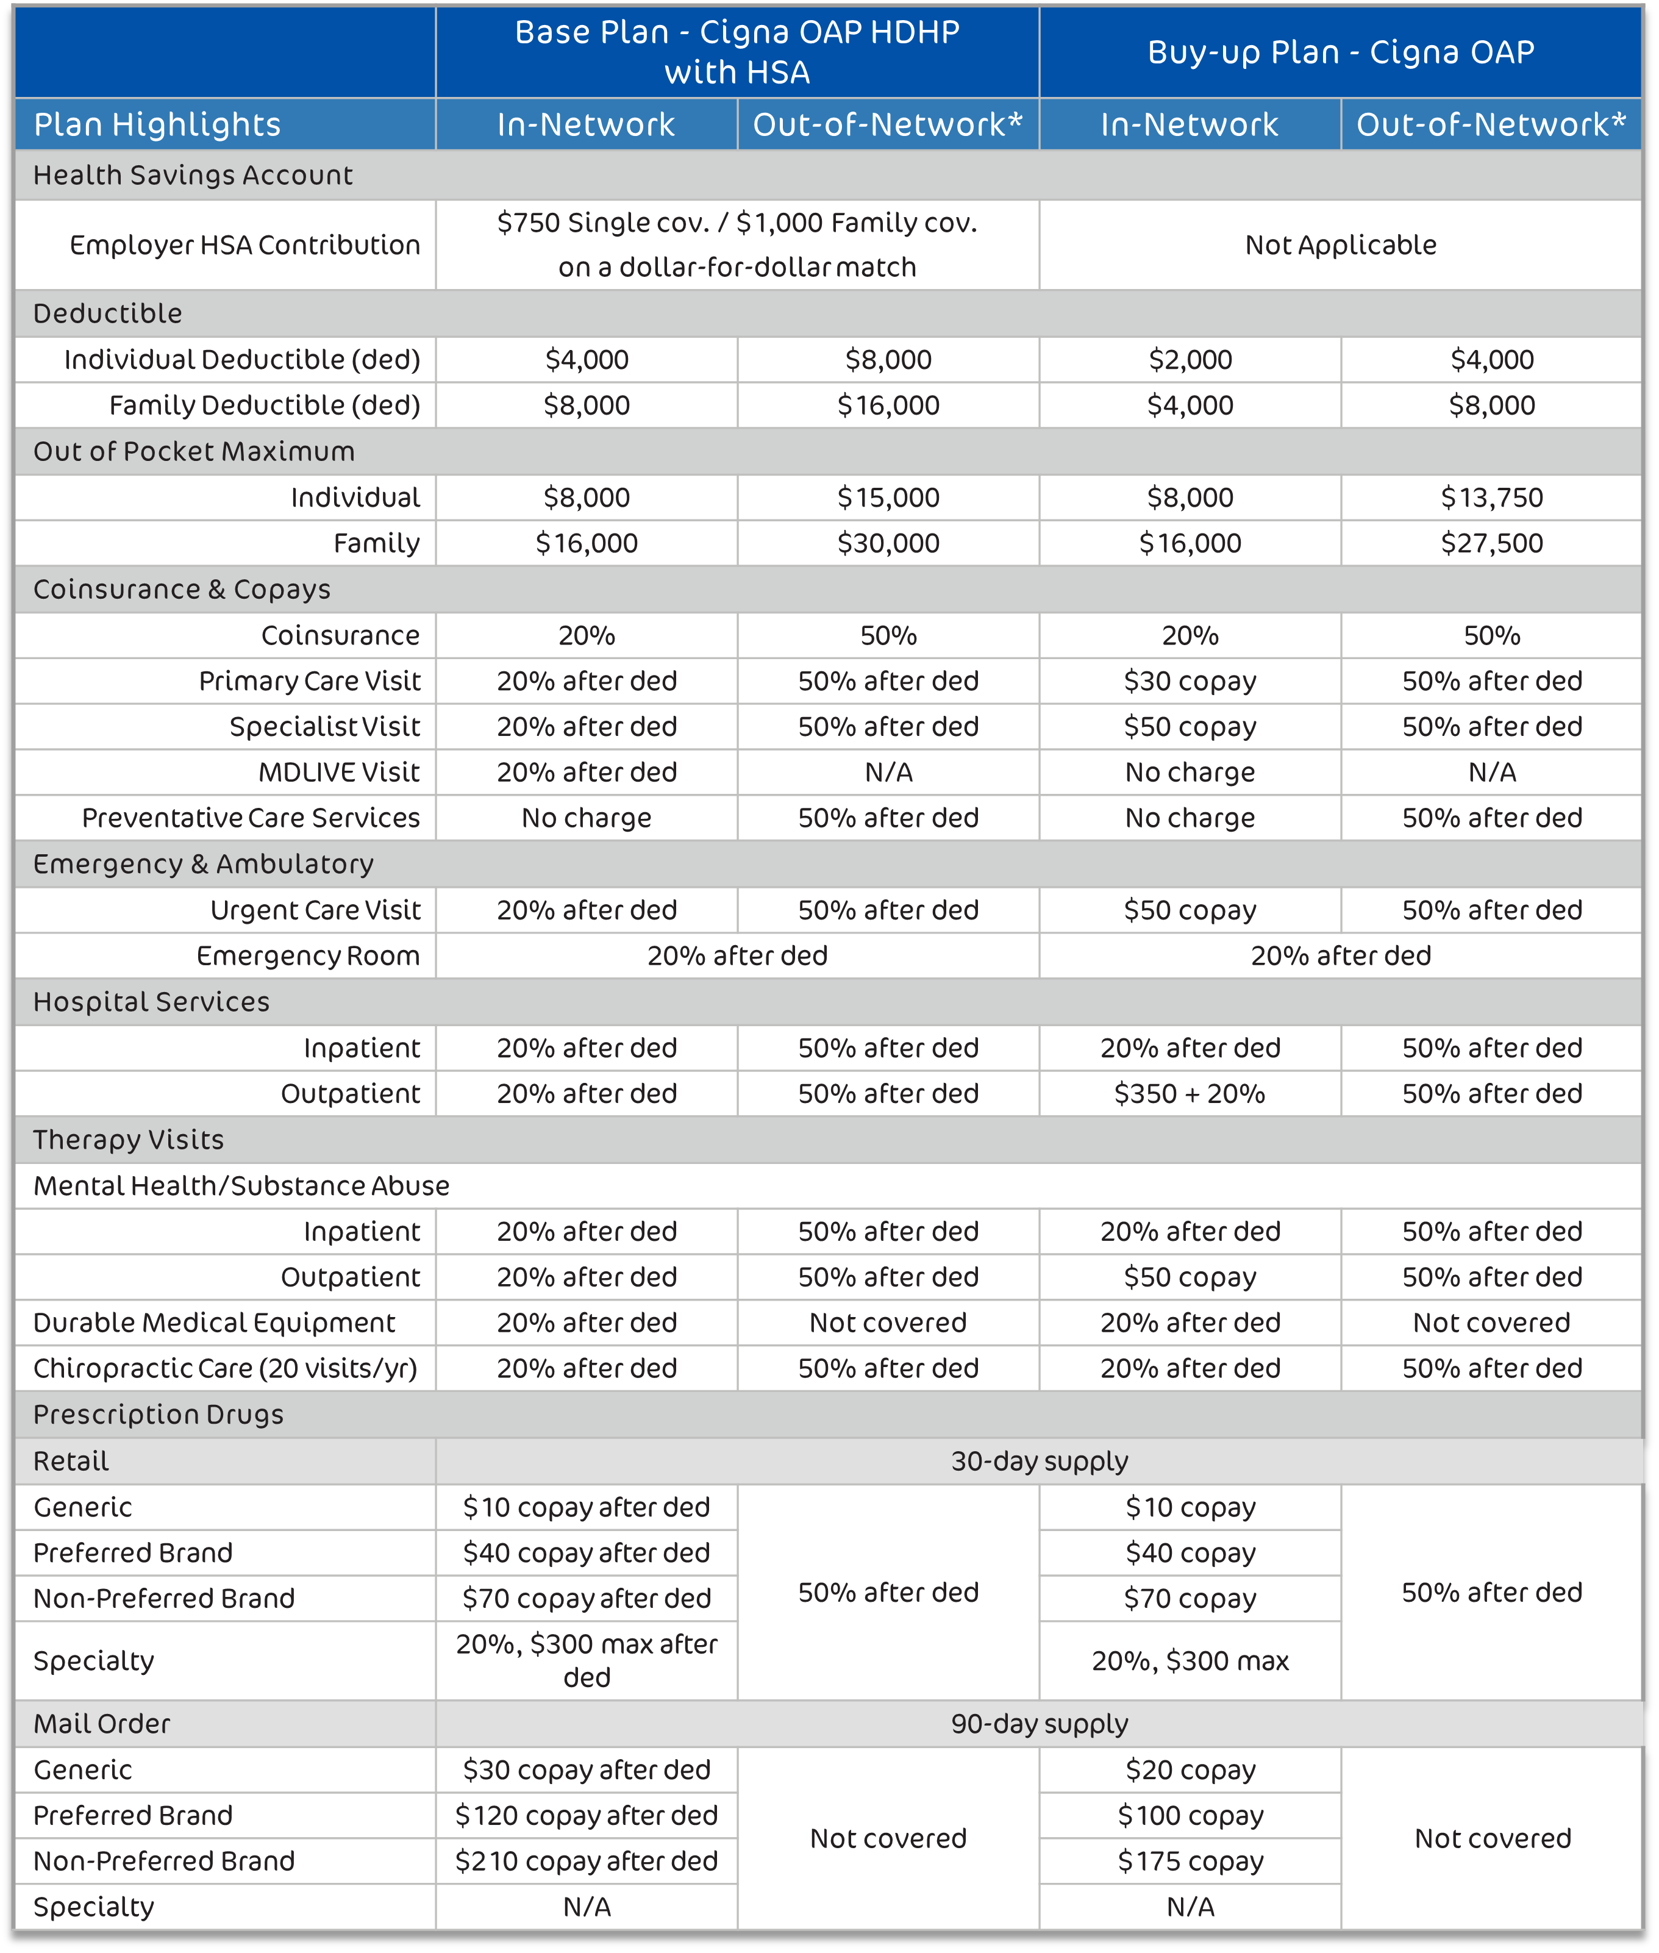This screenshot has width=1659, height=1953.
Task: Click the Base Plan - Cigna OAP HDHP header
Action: [737, 52]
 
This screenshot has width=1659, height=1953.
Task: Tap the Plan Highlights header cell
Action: [157, 124]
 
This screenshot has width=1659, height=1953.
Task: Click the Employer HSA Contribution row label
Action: [244, 245]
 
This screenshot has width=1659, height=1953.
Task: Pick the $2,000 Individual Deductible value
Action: [1190, 359]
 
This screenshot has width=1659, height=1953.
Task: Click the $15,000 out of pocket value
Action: [888, 498]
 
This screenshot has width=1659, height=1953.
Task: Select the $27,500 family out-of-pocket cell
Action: [1491, 543]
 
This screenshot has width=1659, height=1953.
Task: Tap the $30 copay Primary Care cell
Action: [1190, 681]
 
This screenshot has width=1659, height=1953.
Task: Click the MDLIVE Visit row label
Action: [338, 772]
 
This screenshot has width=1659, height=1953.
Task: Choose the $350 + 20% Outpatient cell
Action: [1190, 1093]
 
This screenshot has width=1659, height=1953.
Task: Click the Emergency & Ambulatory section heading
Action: [203, 863]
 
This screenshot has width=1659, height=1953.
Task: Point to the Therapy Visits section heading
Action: [129, 1140]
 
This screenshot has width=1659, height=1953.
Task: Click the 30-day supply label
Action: [1039, 1460]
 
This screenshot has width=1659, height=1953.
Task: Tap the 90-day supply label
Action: [1039, 1724]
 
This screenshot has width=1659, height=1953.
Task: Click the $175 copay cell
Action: [1190, 1861]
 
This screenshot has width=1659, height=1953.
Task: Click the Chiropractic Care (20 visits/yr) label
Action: [225, 1368]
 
